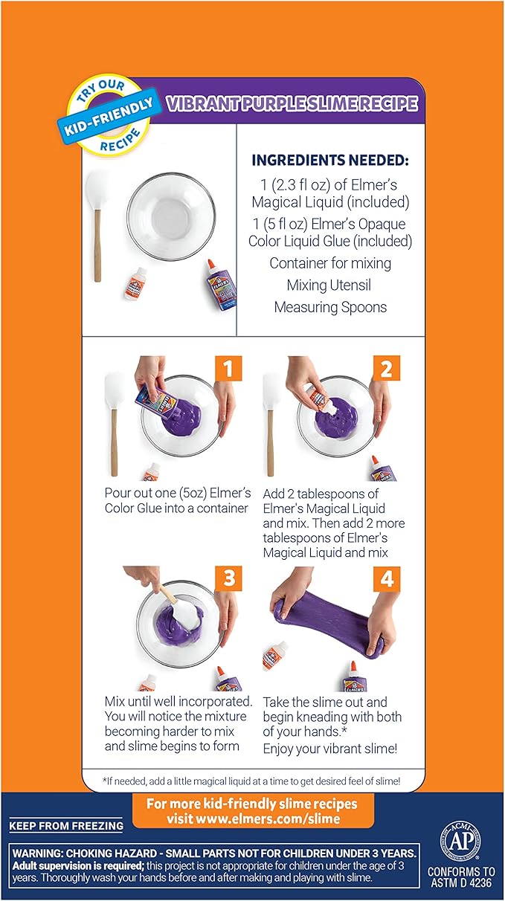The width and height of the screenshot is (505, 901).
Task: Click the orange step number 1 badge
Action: click(229, 369)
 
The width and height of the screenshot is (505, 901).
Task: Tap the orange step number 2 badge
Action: click(386, 369)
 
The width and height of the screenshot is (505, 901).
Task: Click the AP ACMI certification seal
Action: click(463, 836)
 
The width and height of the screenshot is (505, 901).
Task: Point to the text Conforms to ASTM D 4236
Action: click(461, 878)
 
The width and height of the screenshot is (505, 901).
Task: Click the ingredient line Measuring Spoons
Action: click(331, 306)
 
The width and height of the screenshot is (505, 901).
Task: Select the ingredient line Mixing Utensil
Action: click(331, 285)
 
